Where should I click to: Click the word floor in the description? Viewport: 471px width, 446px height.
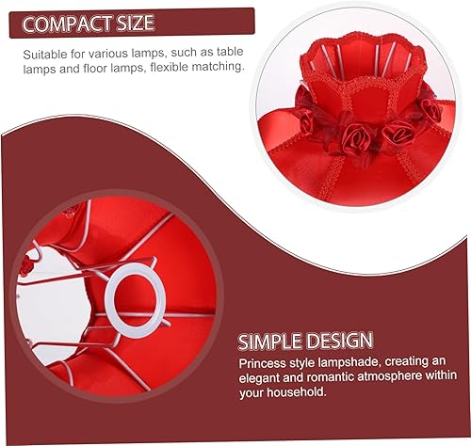80,69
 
